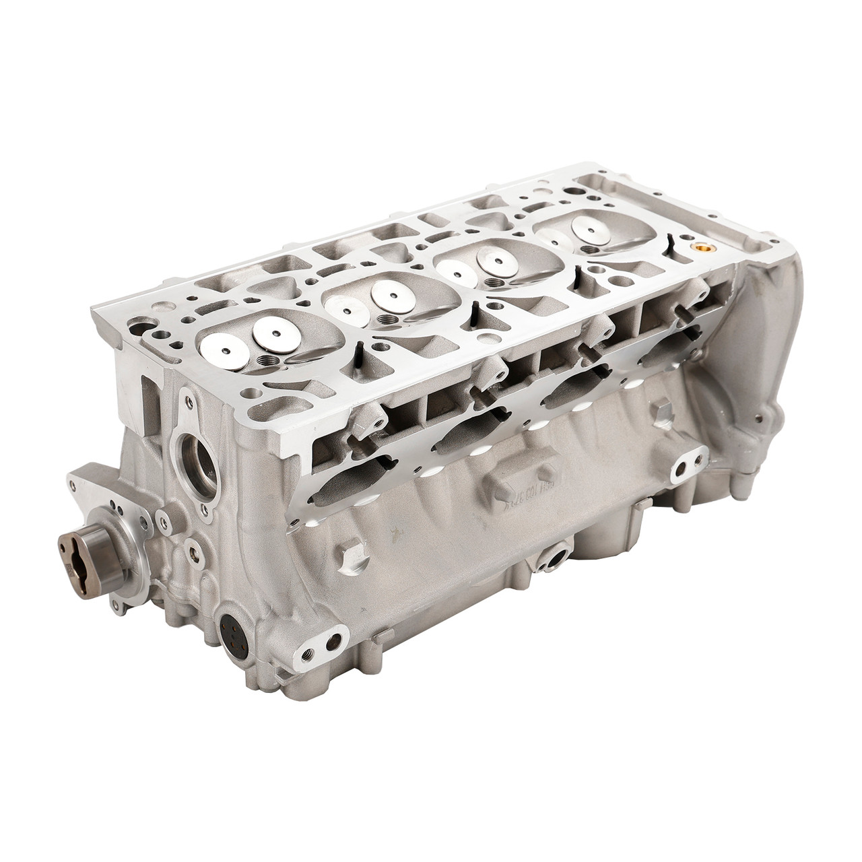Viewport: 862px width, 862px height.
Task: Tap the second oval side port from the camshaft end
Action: (x=465, y=438)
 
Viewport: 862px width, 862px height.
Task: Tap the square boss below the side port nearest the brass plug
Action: (x=662, y=409)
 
